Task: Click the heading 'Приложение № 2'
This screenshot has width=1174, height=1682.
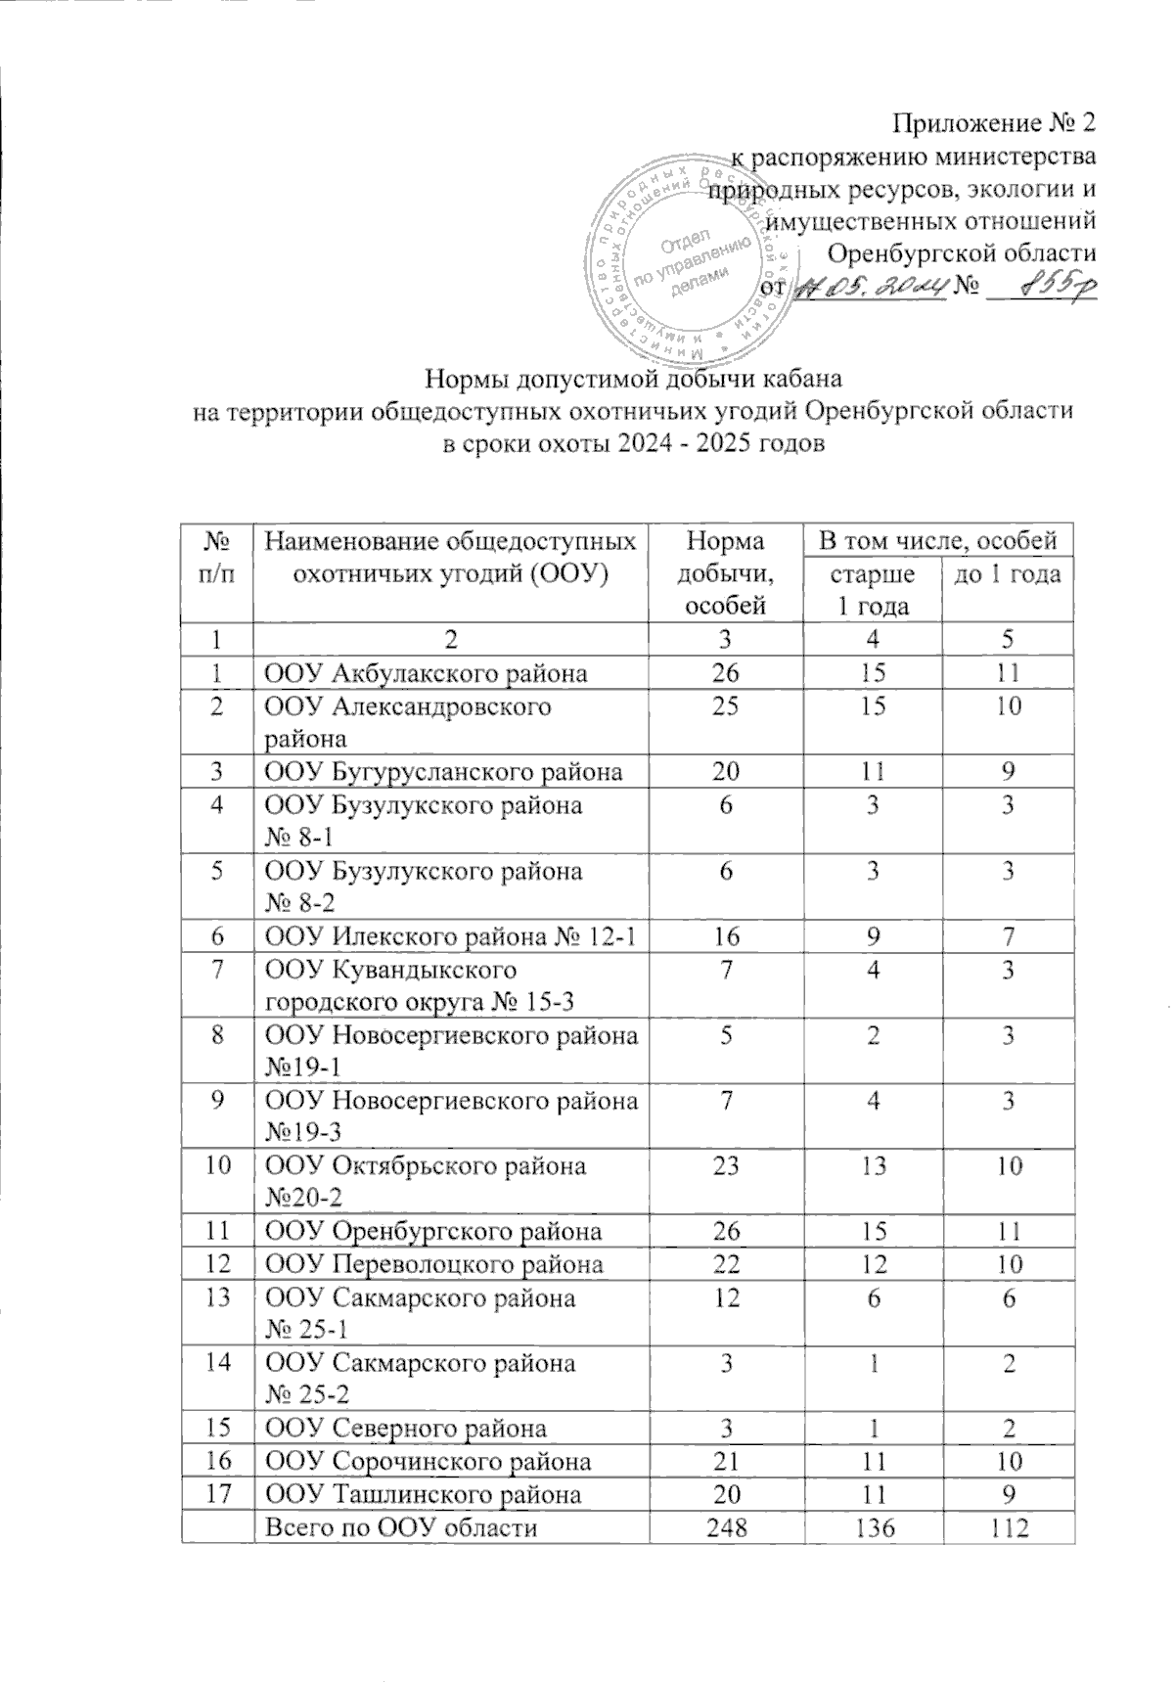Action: [x=995, y=124]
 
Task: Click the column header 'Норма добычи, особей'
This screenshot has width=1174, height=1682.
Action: [x=724, y=571]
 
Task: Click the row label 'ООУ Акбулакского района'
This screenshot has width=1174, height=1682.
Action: [x=427, y=672]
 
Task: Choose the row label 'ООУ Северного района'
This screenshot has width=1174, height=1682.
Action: [x=407, y=1428]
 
